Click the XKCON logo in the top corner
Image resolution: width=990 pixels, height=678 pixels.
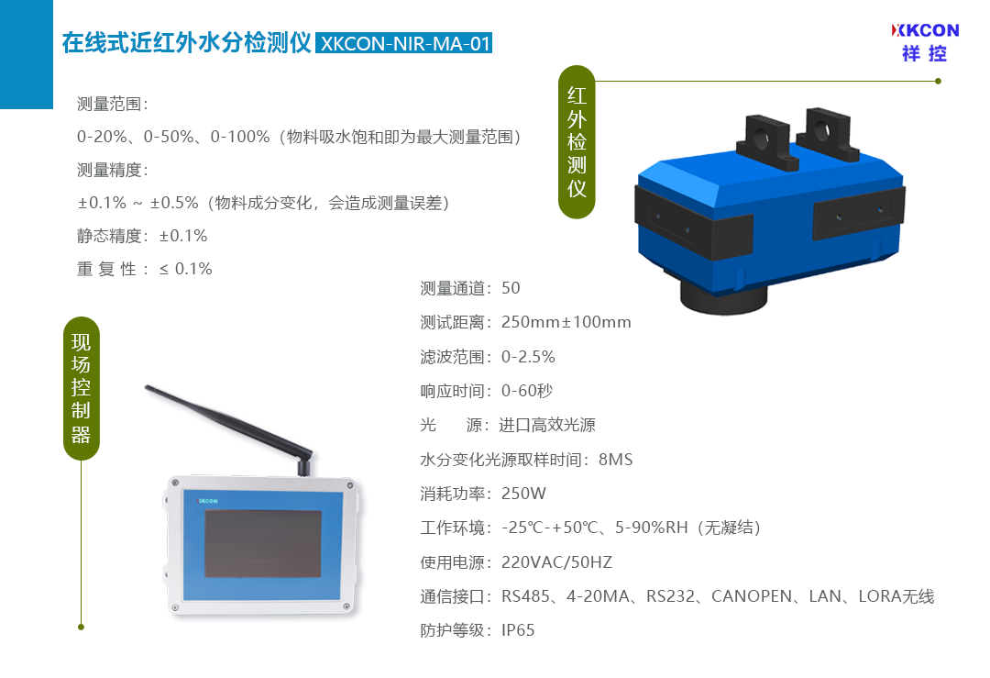925,42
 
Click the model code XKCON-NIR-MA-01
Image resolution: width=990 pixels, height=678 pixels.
404,44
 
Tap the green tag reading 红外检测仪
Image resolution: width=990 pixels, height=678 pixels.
577,141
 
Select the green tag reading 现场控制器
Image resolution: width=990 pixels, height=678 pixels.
82,388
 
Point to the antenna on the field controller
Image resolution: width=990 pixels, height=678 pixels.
230,429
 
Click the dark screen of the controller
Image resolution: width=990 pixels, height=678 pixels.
263,543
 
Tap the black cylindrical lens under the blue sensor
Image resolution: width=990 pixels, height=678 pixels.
723,298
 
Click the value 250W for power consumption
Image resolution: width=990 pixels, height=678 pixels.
523,494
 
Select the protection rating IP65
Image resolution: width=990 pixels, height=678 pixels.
518,630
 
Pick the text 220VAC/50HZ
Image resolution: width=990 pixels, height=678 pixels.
557,561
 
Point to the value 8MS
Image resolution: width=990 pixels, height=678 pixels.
616,460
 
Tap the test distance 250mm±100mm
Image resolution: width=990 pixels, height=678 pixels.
566,322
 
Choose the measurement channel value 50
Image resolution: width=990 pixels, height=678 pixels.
511,288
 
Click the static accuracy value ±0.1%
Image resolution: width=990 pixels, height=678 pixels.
183,236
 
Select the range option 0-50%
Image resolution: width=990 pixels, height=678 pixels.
169,137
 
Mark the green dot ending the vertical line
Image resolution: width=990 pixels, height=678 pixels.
81,627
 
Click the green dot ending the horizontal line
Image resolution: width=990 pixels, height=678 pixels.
939,81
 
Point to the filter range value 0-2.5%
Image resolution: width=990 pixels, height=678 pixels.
529,357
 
